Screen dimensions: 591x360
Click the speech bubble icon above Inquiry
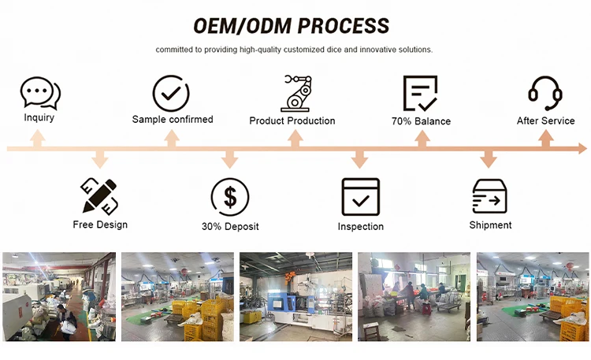[40, 93]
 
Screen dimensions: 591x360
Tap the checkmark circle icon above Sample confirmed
[171, 93]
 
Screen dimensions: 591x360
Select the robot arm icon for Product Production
[297, 93]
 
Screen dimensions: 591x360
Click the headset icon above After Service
[545, 93]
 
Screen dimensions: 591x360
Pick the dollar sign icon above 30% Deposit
[230, 197]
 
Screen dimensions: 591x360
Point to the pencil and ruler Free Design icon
[99, 195]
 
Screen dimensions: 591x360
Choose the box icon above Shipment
[489, 196]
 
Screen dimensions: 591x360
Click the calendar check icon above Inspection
[361, 197]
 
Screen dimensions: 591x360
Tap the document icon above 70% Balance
[420, 93]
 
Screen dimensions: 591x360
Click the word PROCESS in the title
[344, 26]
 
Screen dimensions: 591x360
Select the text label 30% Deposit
[230, 227]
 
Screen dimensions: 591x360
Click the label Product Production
[292, 121]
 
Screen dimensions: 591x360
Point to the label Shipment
[490, 225]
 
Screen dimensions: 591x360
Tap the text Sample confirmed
[173, 120]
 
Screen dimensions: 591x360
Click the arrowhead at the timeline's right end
[582, 149]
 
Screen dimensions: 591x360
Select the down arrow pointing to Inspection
[359, 158]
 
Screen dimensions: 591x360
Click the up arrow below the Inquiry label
[37, 139]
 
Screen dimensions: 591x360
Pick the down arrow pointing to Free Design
[99, 158]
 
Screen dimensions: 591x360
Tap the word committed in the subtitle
[174, 50]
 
